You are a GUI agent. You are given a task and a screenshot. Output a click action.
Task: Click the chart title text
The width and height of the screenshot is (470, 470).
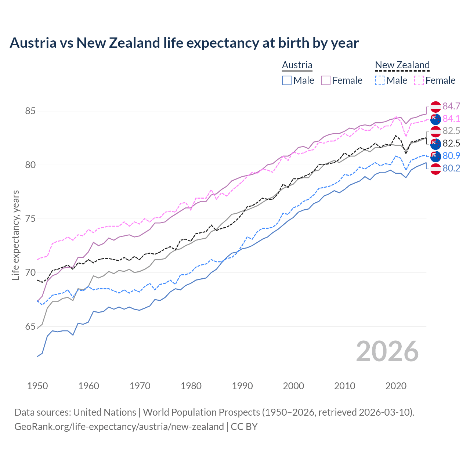point(184,43)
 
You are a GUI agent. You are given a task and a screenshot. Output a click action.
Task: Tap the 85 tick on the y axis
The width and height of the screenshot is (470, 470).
point(30,111)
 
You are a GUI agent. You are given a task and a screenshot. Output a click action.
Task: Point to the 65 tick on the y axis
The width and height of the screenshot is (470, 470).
point(30,327)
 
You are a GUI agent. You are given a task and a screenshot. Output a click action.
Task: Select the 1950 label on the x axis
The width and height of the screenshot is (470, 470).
point(37,386)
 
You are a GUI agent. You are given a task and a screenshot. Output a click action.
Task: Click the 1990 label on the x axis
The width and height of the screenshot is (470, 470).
point(242,386)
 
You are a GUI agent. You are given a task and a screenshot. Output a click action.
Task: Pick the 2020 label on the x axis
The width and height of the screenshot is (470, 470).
point(396,386)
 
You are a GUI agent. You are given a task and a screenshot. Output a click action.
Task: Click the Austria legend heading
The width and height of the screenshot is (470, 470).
point(297,65)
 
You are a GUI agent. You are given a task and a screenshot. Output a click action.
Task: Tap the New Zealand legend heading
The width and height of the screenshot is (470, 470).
point(402,65)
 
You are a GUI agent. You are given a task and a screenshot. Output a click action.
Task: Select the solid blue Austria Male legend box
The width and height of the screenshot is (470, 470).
point(287,80)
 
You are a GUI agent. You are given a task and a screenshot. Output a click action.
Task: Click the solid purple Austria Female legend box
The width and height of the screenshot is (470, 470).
point(326,80)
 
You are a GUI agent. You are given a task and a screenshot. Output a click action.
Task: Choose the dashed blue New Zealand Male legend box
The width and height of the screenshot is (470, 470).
point(380,80)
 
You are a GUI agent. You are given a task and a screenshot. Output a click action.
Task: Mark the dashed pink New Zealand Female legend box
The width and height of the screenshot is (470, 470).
point(419,80)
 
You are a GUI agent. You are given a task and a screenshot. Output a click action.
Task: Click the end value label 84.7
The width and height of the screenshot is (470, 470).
point(451,106)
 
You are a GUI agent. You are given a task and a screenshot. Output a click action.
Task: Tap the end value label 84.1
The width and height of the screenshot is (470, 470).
point(451,119)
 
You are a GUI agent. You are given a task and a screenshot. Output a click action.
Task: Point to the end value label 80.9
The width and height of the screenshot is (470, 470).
point(451,156)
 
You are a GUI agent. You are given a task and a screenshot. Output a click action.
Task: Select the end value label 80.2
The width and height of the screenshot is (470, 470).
point(451,168)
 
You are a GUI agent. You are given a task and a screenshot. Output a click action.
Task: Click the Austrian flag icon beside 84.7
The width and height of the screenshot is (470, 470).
point(435,106)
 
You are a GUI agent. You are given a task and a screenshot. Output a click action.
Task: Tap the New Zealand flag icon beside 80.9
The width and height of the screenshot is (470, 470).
point(435,156)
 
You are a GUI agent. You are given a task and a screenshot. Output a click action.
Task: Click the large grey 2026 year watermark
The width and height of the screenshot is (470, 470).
point(387,352)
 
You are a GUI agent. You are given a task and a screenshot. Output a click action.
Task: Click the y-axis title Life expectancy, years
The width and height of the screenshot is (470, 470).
point(16,235)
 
